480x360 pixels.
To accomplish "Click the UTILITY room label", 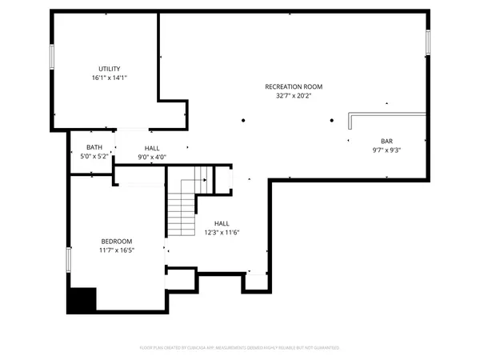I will point(110,69).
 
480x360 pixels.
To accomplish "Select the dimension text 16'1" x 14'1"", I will point(110,78).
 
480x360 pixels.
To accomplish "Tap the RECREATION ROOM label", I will point(294,86).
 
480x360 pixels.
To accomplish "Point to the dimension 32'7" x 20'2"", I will point(294,95).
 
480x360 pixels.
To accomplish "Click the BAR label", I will point(386,141).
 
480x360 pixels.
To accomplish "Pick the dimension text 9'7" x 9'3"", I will point(386,150).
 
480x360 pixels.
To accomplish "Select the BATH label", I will point(94,147).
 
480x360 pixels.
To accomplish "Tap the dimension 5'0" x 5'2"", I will point(94,157).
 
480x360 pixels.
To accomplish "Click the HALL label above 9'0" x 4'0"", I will point(152,148).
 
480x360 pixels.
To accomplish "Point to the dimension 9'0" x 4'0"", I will point(152,157).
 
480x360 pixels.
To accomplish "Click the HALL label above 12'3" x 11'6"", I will point(222,223).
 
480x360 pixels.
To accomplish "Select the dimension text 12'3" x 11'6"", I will point(222,233).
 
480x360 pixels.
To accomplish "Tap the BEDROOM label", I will point(116,241).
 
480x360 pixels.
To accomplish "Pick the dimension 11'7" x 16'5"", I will point(116,250).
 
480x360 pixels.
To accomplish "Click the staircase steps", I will point(182,212).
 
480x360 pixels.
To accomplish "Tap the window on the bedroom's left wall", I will point(69,258).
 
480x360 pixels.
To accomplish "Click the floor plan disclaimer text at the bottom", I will point(240,348).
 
